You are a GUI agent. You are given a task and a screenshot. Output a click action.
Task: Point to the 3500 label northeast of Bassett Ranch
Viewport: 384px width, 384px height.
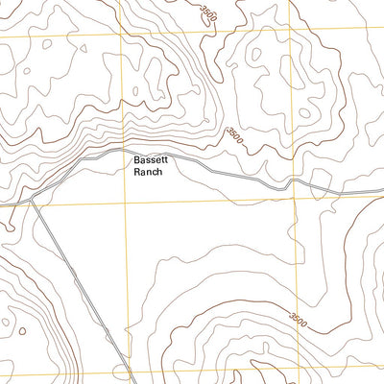[x=236, y=138]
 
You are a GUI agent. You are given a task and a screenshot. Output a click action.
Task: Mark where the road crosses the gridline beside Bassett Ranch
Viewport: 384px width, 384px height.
[x=124, y=154]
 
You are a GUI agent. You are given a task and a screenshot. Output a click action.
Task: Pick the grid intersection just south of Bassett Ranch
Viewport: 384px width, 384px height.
[x=125, y=204]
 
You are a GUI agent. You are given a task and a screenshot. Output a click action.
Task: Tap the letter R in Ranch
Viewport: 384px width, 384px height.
[x=136, y=173]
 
